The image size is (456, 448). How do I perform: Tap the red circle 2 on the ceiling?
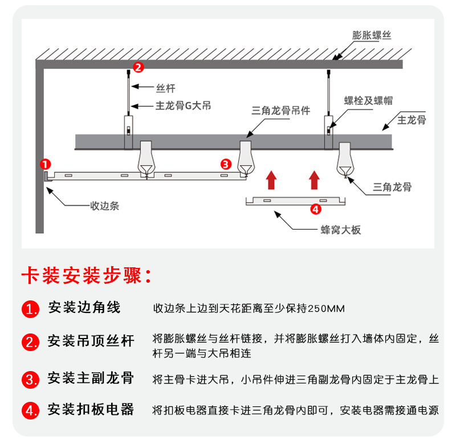(x=137, y=67)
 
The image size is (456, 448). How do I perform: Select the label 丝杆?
(x=165, y=88)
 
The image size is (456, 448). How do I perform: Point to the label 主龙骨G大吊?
(x=184, y=106)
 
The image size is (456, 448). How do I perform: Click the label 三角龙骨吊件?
(x=280, y=110)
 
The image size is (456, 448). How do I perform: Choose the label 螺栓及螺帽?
(x=368, y=101)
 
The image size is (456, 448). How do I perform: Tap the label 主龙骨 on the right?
(x=412, y=120)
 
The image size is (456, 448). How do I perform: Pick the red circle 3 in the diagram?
(x=225, y=164)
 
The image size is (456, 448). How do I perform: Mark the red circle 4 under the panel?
(x=316, y=209)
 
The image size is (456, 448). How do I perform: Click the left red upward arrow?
(x=271, y=179)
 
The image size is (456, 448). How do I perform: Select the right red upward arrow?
(x=313, y=179)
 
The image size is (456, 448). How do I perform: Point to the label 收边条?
(x=105, y=205)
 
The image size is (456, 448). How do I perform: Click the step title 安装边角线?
(x=84, y=308)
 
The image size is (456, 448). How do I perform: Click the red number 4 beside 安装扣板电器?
(x=30, y=410)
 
